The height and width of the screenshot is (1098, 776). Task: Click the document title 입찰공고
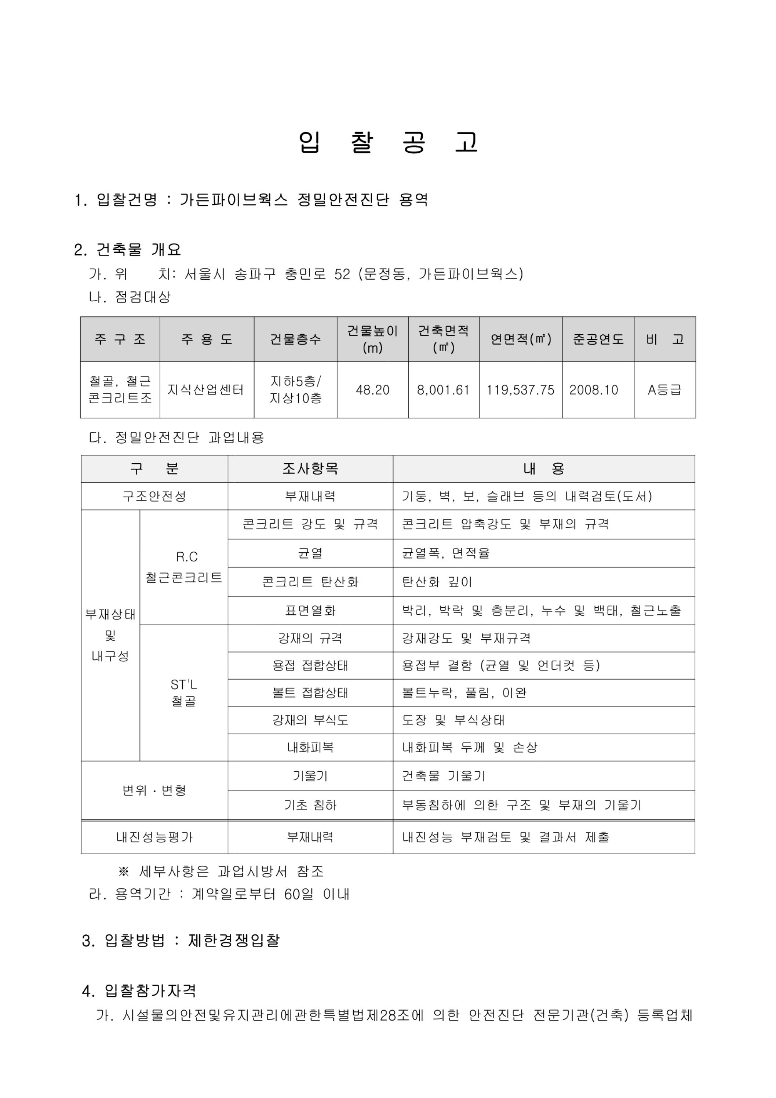click(388, 142)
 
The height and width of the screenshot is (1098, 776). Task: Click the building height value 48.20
click(372, 390)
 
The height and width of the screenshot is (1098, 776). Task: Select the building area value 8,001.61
click(443, 390)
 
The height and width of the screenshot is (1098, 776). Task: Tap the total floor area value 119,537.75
click(520, 390)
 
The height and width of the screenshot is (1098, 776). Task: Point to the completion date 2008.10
click(593, 390)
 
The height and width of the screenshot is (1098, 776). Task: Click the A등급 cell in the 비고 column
click(664, 390)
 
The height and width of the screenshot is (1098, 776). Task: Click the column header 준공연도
click(598, 339)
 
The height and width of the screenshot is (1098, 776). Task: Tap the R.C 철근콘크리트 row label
click(184, 567)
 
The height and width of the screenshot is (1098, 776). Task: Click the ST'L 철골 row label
click(184, 692)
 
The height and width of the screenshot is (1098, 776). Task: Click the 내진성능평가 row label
click(154, 837)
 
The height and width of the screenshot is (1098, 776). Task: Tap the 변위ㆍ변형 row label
click(154, 790)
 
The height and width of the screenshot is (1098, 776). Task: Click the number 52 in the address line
click(342, 274)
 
